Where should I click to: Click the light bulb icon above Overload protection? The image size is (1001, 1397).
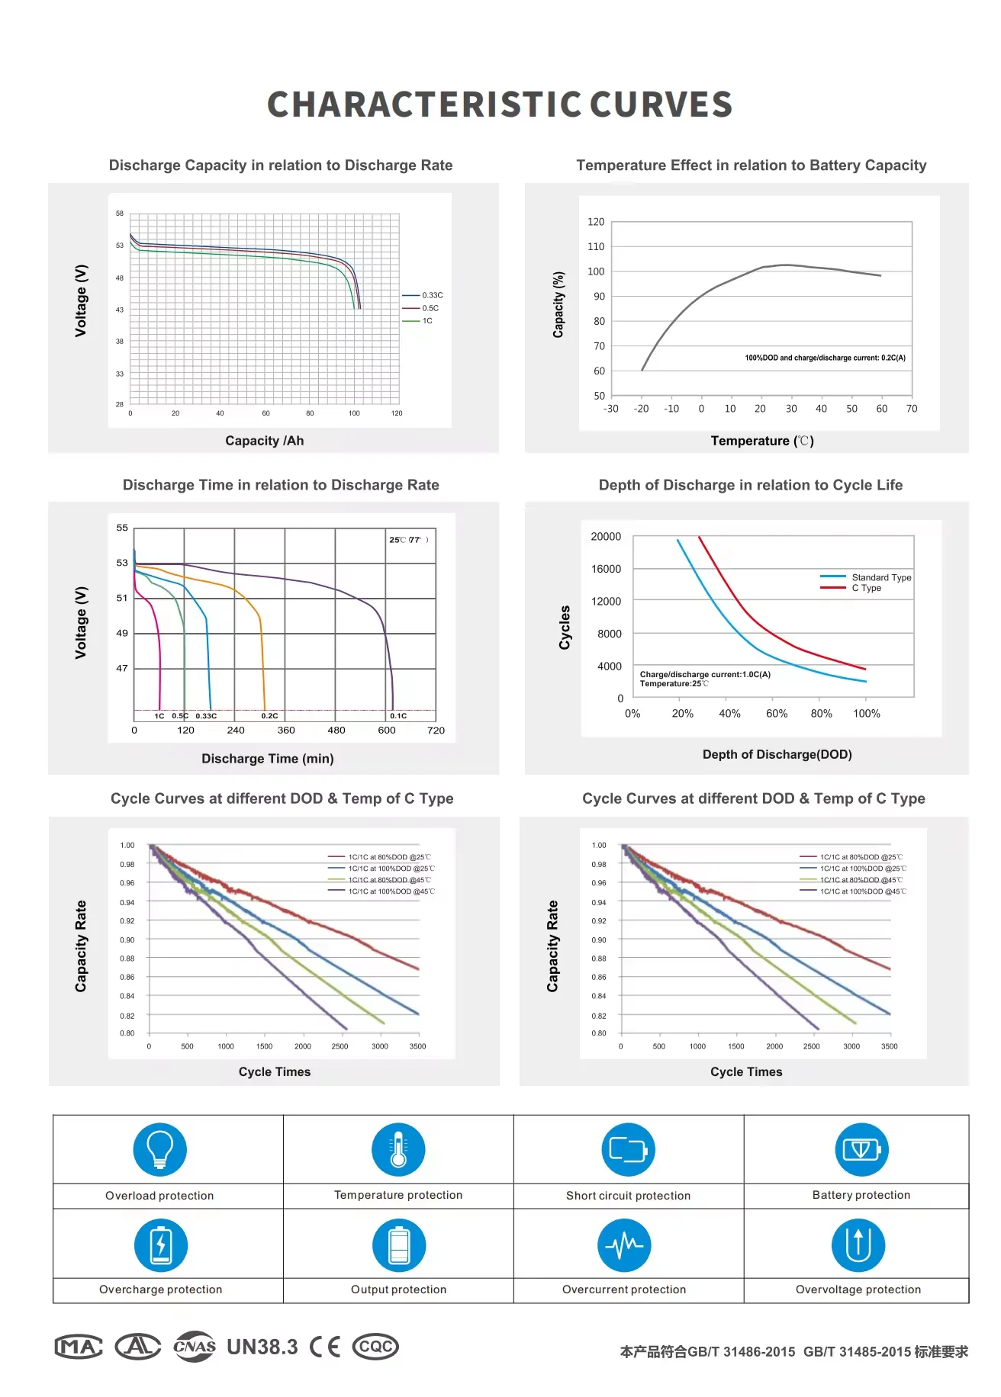159,1149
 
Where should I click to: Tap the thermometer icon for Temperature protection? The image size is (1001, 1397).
398,1149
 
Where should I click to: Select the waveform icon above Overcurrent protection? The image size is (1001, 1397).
624,1245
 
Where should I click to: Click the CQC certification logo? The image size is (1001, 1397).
375,1347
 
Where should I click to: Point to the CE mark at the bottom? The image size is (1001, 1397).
325,1347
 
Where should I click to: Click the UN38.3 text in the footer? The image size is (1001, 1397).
262,1347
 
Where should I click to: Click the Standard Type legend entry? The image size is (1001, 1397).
881,577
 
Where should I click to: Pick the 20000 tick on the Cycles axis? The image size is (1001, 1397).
606,537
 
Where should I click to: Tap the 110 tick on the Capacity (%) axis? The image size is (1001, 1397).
596,246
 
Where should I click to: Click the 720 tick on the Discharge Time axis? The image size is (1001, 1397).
436,731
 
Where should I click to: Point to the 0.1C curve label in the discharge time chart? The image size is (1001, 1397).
398,716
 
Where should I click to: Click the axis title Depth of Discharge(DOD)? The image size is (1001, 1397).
777,754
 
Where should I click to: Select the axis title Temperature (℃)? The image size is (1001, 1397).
762,441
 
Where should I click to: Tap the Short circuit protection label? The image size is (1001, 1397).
628,1196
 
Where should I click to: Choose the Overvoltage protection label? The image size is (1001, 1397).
858,1289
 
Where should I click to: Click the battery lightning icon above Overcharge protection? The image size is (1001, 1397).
160,1245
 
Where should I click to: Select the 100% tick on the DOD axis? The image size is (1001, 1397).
866,714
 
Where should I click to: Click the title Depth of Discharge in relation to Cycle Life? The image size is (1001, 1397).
750,485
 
